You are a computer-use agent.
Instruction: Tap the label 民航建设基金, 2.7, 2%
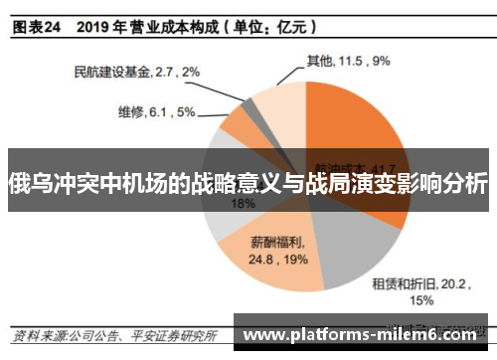point(137,72)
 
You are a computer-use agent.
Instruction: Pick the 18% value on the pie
point(243,203)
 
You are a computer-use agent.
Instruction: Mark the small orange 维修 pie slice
point(239,124)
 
